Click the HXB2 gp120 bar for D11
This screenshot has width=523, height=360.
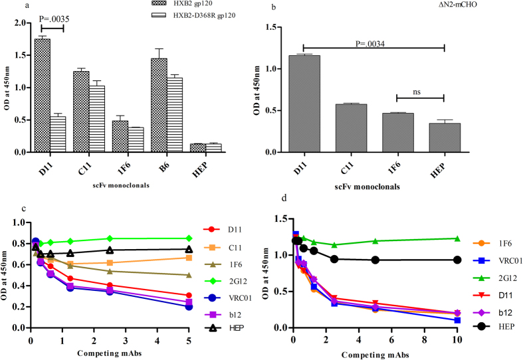43,96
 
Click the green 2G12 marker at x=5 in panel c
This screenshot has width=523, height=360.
189,238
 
